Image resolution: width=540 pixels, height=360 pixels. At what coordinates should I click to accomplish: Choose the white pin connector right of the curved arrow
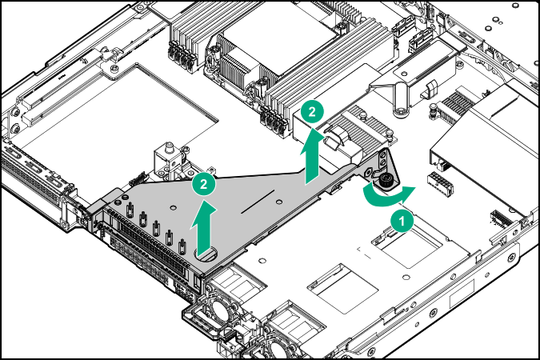coord(437,182)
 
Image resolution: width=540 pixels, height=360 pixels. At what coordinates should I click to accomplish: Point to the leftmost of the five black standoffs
coord(128,211)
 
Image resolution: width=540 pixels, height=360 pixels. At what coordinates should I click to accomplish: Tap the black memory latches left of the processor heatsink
coord(181,58)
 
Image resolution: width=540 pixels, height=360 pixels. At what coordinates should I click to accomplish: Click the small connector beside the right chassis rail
coord(500,218)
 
